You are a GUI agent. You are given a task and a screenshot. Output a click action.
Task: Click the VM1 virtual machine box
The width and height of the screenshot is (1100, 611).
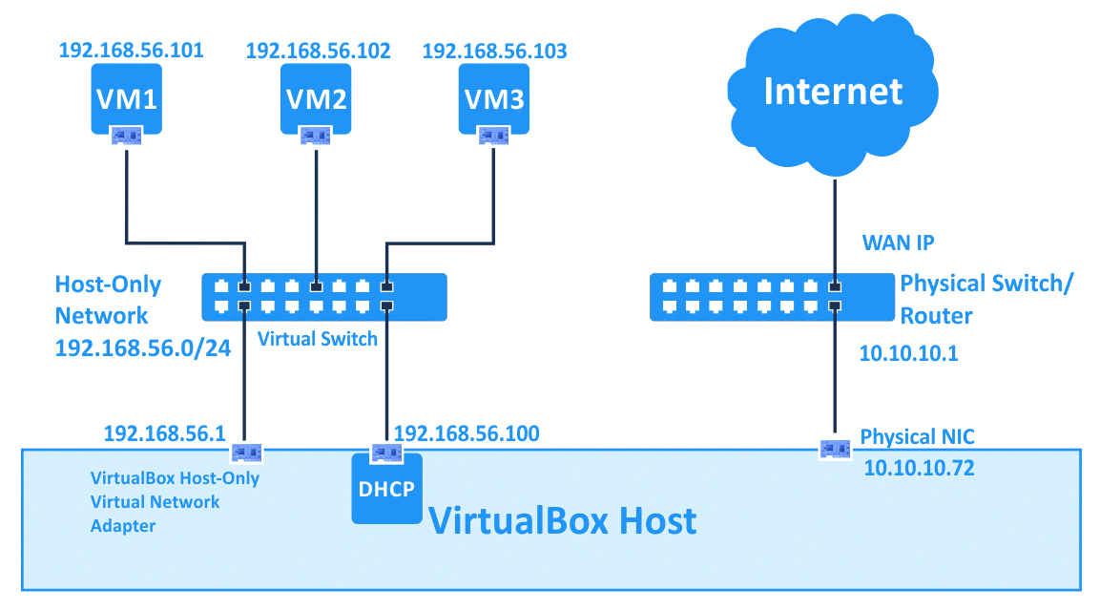(x=126, y=97)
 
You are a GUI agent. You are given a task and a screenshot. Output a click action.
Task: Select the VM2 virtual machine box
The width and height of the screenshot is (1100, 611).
(x=315, y=97)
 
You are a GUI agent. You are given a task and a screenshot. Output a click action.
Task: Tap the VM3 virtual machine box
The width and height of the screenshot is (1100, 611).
(x=493, y=97)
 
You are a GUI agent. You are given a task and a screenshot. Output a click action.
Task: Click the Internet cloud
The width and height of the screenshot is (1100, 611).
(x=833, y=92)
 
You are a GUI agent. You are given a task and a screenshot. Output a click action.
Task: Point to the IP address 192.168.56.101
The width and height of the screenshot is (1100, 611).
(x=131, y=51)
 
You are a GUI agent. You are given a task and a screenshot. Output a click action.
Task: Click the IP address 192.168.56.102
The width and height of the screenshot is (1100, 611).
(x=318, y=51)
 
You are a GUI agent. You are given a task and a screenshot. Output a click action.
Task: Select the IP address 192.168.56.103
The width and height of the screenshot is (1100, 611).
(x=494, y=51)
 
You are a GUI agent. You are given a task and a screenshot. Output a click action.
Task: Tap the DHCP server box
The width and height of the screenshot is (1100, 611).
(x=386, y=489)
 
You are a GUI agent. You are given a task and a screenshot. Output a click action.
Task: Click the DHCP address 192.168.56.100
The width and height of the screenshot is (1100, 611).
(x=467, y=434)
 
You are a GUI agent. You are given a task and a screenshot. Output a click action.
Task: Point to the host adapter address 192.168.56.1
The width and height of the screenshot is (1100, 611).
(x=164, y=434)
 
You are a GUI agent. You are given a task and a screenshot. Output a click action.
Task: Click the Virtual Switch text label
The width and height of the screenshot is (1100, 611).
(x=318, y=339)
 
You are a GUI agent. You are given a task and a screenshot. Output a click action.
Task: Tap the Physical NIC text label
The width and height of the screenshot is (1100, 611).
(x=917, y=437)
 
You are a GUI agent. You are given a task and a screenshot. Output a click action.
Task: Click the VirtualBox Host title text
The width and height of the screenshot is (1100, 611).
(x=562, y=521)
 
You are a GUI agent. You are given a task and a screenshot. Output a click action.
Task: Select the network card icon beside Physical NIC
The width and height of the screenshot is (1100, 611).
(x=836, y=447)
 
